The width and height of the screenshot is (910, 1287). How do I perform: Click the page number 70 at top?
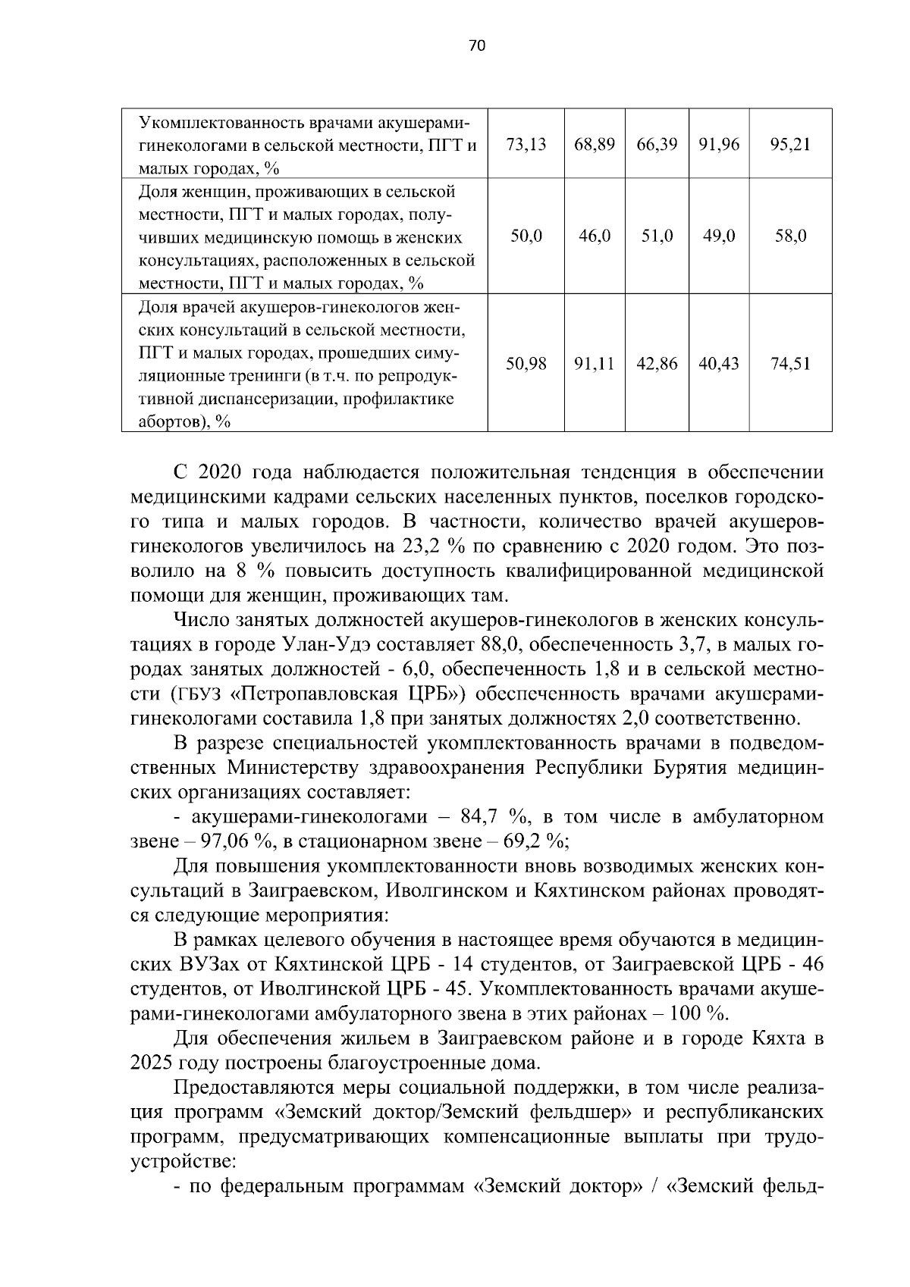click(x=476, y=45)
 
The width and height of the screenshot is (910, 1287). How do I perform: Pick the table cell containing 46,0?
click(x=594, y=236)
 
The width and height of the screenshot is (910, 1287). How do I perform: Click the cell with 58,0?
click(x=789, y=236)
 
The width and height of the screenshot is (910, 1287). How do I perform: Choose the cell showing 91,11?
click(x=594, y=364)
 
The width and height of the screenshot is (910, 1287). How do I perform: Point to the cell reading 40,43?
click(x=718, y=364)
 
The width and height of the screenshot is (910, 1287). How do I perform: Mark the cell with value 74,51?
click(x=789, y=364)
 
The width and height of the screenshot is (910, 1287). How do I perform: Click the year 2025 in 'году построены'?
click(x=151, y=1063)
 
